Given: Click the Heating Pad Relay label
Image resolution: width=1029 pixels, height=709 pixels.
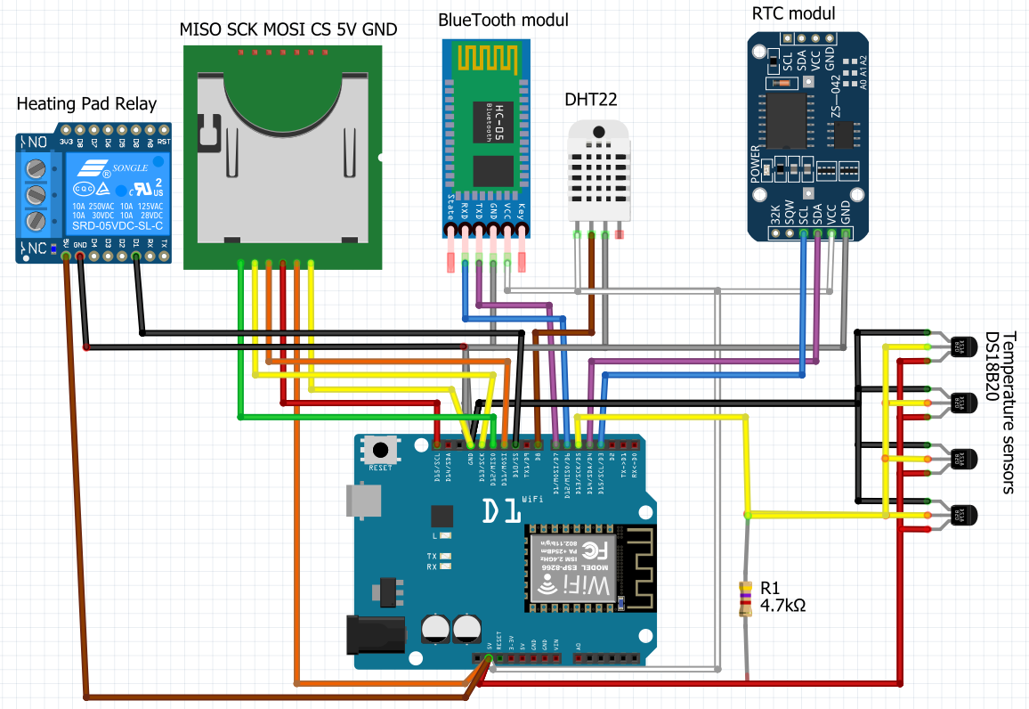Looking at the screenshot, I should [x=85, y=104].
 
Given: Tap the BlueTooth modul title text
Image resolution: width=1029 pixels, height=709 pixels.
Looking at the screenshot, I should [x=504, y=20].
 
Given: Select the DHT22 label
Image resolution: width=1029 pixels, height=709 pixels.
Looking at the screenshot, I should [x=591, y=99].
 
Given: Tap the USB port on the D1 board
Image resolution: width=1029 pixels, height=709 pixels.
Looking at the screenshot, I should [x=364, y=501].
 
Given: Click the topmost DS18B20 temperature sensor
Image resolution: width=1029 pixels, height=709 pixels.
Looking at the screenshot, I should [x=958, y=346].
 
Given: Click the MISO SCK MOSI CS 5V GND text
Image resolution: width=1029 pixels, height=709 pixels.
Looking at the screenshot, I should [x=288, y=29].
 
